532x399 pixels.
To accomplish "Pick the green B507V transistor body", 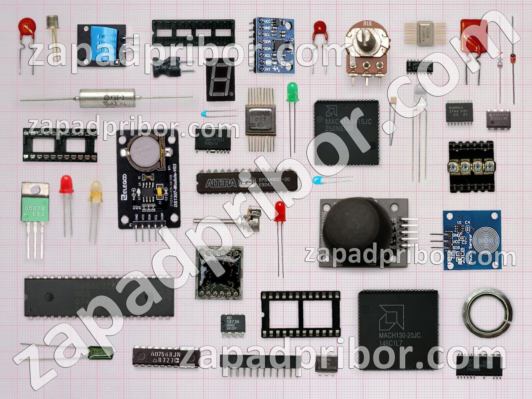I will (x=35, y=208).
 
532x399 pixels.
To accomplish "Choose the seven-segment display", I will (x=220, y=80).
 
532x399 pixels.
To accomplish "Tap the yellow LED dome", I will (x=95, y=192).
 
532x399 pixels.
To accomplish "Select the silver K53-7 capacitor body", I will (x=107, y=98).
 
